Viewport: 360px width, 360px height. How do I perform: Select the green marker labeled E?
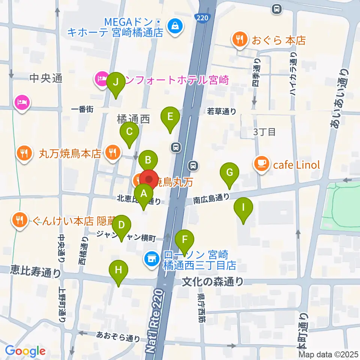pyautogui.click(x=170, y=117)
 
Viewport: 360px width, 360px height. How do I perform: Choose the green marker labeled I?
pyautogui.click(x=243, y=207)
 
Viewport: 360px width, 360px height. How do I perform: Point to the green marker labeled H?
pyautogui.click(x=118, y=270)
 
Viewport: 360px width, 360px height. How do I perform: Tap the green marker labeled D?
pyautogui.click(x=121, y=226)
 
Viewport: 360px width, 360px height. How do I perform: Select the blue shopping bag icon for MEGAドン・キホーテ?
pyautogui.click(x=175, y=26)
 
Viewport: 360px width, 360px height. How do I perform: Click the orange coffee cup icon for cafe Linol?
pyautogui.click(x=262, y=164)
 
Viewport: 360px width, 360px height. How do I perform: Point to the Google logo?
pyautogui.click(x=25, y=351)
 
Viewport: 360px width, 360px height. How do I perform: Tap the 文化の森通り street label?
pyautogui.click(x=213, y=281)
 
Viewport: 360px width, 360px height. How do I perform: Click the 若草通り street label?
pyautogui.click(x=222, y=111)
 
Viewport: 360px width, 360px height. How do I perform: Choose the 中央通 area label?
pyautogui.click(x=45, y=78)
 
